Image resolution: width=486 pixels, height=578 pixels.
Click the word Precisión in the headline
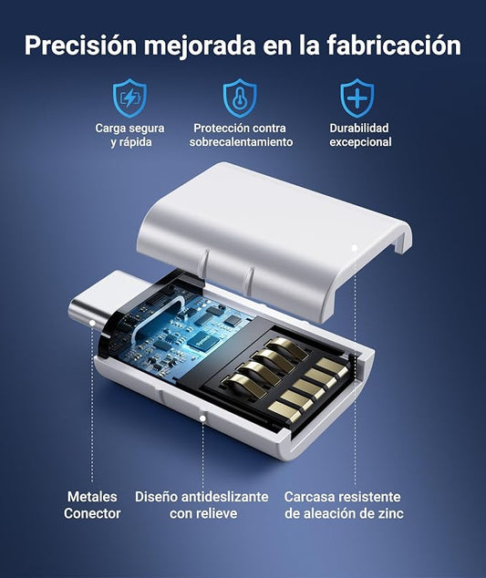coord(81,46)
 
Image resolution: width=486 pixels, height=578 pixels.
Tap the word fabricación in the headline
coord(394,45)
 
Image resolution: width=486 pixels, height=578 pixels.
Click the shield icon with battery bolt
coord(129,98)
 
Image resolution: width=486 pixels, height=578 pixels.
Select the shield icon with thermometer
coord(240,98)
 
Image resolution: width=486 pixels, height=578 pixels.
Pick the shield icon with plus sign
coord(357,98)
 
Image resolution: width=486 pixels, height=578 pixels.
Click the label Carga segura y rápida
coord(129,135)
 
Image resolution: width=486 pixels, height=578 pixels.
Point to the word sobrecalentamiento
coord(241,142)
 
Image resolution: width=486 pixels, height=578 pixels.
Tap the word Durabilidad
coord(359,128)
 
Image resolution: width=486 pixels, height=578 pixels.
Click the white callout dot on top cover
coord(355,248)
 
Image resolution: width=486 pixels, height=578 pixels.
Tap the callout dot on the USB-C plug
coord(93,324)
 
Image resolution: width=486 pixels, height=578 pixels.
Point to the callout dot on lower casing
coord(202,418)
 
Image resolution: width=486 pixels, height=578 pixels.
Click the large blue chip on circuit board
coord(202,338)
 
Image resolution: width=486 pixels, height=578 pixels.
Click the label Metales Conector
coord(92,505)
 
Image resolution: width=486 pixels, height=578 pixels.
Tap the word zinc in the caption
coord(391,513)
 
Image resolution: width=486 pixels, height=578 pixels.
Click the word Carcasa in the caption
coord(309,497)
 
